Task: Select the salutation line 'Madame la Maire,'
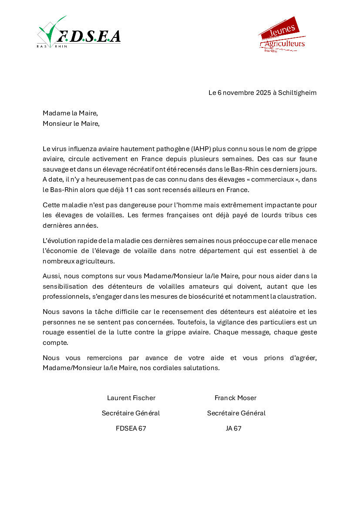click(70, 113)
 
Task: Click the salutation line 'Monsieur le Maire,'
click(71, 124)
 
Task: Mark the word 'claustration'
click(298, 297)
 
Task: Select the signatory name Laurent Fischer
click(131, 398)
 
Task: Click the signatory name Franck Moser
click(236, 398)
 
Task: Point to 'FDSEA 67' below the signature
click(131, 428)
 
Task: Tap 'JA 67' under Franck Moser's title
click(233, 428)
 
